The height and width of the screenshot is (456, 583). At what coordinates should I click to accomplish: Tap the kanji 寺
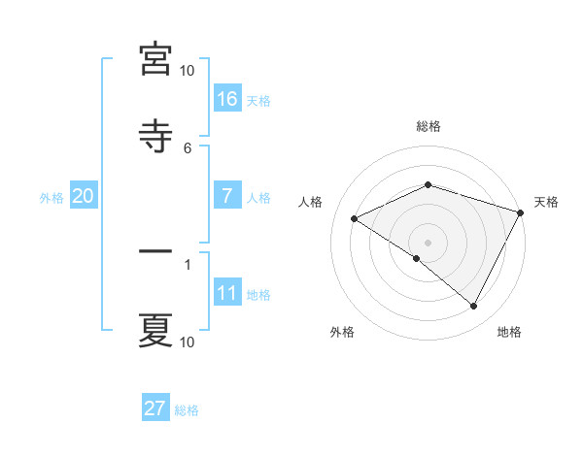pyautogui.click(x=155, y=134)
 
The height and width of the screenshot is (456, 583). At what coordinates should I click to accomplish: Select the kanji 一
pyautogui.click(x=155, y=251)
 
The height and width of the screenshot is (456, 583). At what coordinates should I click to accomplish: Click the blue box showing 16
pyautogui.click(x=227, y=98)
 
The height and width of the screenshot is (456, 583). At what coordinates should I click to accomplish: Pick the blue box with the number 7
pyautogui.click(x=227, y=196)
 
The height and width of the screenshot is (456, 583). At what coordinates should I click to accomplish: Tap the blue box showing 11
pyautogui.click(x=227, y=293)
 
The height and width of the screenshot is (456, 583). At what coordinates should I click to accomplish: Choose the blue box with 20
pyautogui.click(x=84, y=196)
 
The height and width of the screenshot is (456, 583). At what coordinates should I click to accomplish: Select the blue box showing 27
pyautogui.click(x=155, y=408)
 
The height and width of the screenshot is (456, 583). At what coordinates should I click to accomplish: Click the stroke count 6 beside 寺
pyautogui.click(x=188, y=147)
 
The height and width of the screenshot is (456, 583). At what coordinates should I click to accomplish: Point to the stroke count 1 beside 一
pyautogui.click(x=188, y=263)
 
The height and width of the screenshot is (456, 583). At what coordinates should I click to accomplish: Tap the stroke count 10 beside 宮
pyautogui.click(x=188, y=70)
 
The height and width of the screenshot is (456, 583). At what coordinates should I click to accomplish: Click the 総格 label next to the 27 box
pyautogui.click(x=187, y=410)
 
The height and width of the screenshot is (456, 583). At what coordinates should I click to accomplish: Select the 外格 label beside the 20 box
pyautogui.click(x=51, y=198)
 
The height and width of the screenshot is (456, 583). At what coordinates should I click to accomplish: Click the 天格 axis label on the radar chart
pyautogui.click(x=546, y=202)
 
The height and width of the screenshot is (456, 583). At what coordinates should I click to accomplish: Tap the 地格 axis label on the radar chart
pyautogui.click(x=509, y=332)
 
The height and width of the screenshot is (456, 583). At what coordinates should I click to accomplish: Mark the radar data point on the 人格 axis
pyautogui.click(x=355, y=218)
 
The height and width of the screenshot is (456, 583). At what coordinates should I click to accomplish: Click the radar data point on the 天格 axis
pyautogui.click(x=522, y=212)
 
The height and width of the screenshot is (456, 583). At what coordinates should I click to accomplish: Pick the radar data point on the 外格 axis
pyautogui.click(x=417, y=258)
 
